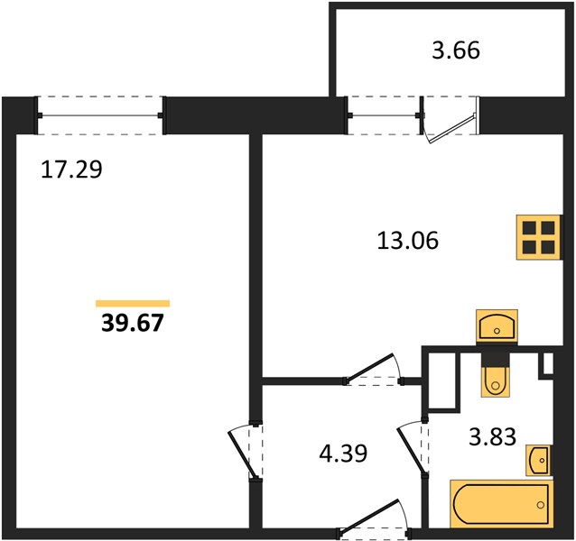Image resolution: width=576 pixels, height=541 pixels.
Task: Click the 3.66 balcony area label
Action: (x=456, y=50)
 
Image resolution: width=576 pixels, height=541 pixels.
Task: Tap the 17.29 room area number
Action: (x=71, y=170)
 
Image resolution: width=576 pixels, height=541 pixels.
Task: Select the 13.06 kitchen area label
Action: (x=408, y=241)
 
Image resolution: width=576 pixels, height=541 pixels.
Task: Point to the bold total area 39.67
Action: (x=132, y=323)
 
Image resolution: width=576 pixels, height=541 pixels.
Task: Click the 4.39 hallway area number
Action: (x=343, y=454)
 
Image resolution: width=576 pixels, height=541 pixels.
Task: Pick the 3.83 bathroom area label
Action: (x=493, y=436)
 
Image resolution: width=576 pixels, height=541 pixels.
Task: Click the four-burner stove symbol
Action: (x=539, y=237)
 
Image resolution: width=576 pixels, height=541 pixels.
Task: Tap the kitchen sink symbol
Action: (x=497, y=326)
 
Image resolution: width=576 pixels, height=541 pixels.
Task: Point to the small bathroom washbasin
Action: (x=538, y=461)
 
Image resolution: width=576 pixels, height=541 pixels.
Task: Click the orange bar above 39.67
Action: (x=133, y=303)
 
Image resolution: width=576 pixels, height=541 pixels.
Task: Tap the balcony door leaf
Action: (x=454, y=128)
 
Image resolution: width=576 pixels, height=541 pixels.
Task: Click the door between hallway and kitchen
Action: (x=371, y=368)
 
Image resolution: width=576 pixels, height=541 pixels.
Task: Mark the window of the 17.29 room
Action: (x=100, y=115)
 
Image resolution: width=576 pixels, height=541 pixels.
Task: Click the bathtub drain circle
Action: (x=541, y=505)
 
